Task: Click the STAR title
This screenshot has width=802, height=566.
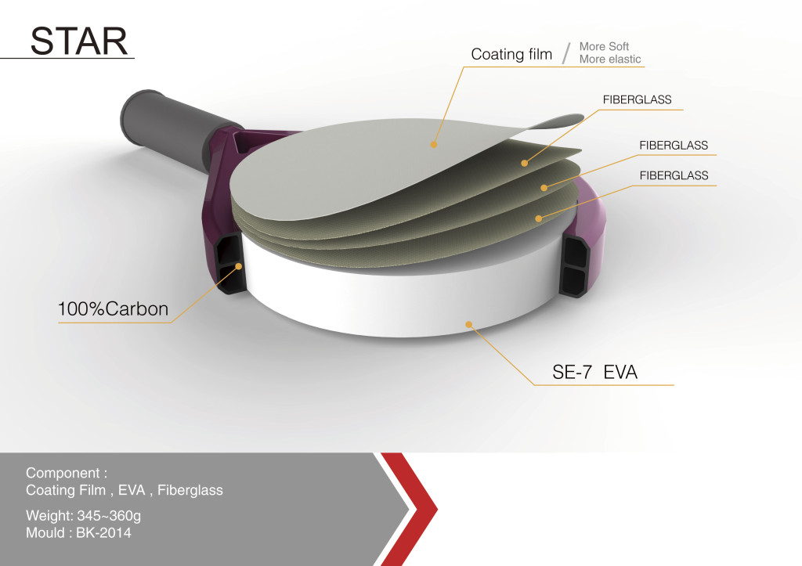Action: (79, 41)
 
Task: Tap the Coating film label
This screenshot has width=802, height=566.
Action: (511, 54)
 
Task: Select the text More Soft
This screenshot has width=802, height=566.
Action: (604, 46)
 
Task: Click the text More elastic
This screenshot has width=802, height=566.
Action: (610, 59)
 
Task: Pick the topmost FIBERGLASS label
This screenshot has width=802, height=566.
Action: (637, 99)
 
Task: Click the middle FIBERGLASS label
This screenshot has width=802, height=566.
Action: (674, 145)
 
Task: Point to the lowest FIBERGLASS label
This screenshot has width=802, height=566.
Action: (674, 175)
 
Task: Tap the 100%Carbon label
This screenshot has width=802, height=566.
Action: (113, 308)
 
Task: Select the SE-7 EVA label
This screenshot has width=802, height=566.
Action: (595, 372)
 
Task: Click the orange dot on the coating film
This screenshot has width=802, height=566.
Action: (434, 144)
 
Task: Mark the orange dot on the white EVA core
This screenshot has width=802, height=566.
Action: (468, 324)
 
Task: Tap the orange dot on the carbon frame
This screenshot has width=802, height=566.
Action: (238, 266)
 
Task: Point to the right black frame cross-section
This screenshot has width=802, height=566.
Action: (574, 265)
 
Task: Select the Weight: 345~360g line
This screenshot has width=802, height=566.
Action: (83, 515)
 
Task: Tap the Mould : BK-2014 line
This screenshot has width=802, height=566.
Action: (78, 533)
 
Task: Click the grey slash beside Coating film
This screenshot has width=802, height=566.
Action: (565, 54)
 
